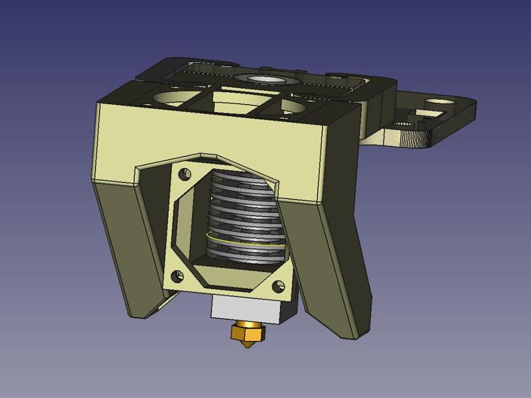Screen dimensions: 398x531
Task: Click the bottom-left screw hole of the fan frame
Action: [177, 275]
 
